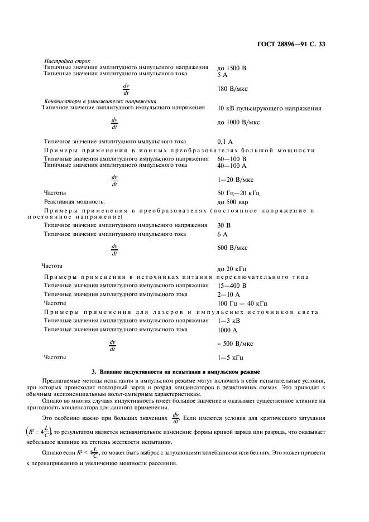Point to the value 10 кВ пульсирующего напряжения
point(269,108)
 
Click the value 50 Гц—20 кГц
point(238,193)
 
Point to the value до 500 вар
point(233,202)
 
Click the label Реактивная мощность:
point(75,202)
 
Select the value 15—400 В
point(232,285)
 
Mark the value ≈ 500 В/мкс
point(235,344)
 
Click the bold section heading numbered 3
point(184,371)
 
